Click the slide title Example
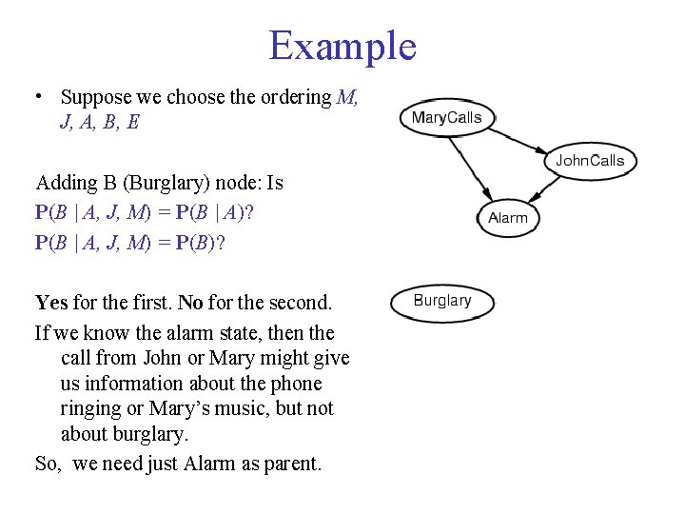342,46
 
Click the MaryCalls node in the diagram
446,119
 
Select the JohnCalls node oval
590,161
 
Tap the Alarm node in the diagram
507,218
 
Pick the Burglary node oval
442,302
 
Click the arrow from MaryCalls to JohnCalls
529,140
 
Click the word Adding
64,183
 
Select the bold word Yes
51,304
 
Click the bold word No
191,304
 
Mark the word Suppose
96,97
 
